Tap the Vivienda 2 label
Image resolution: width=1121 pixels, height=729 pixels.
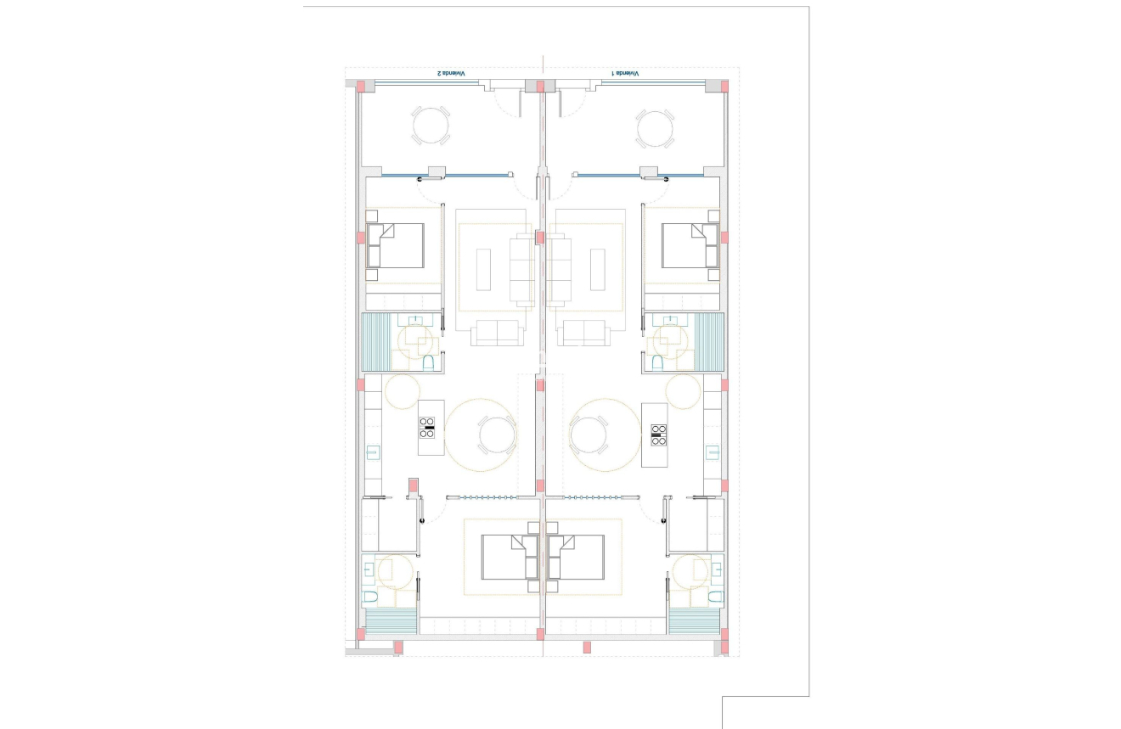coord(451,74)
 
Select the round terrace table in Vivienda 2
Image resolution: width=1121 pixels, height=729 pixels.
coord(431,127)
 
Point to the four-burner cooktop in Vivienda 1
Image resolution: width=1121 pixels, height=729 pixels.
coord(658,435)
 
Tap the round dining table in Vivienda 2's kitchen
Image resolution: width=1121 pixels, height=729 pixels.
coord(497,435)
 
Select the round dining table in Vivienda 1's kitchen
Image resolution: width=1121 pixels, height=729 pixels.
coord(589,435)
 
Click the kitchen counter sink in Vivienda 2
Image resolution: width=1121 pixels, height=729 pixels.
coord(373,452)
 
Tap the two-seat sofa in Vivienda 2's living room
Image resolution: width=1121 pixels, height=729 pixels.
coord(498,333)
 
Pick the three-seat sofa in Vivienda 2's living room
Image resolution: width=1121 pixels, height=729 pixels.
coord(521,270)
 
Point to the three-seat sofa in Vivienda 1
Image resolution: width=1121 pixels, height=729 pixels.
coord(560,270)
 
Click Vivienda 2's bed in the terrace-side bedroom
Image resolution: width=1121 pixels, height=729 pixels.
coord(397,245)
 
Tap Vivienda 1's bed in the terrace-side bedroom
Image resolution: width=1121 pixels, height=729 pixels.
coord(689,245)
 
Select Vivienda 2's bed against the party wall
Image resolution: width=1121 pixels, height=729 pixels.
coord(509,557)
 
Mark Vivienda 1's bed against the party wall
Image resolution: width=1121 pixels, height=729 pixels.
coord(577,557)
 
